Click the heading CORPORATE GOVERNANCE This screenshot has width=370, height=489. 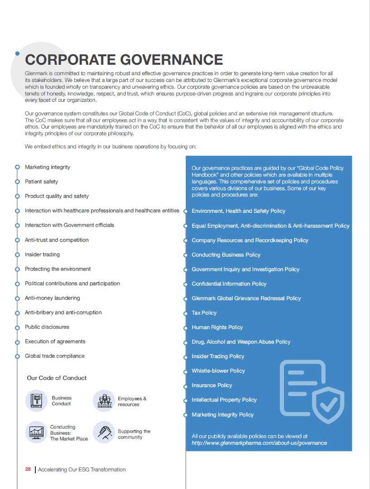(124, 60)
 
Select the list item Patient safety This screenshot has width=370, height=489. (41, 182)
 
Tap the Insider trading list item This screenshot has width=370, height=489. (42, 254)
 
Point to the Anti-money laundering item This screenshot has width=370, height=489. (52, 298)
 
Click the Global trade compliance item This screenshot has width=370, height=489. (54, 356)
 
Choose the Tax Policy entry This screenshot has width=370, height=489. (204, 313)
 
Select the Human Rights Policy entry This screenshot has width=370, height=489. (217, 327)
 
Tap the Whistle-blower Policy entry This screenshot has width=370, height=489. (218, 371)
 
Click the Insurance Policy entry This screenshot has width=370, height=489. (211, 385)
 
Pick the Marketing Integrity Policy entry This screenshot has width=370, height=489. (222, 415)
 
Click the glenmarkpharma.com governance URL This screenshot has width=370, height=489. (259, 443)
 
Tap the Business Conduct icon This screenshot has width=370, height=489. (36, 401)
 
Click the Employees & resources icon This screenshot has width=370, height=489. (104, 401)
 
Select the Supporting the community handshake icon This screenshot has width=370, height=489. (104, 432)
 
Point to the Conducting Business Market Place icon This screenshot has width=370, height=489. (36, 432)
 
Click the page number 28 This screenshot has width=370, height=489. (28, 470)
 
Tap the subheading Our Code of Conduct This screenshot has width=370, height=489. (57, 378)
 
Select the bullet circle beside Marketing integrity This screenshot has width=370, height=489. (17, 167)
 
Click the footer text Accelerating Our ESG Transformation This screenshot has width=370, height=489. (82, 470)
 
